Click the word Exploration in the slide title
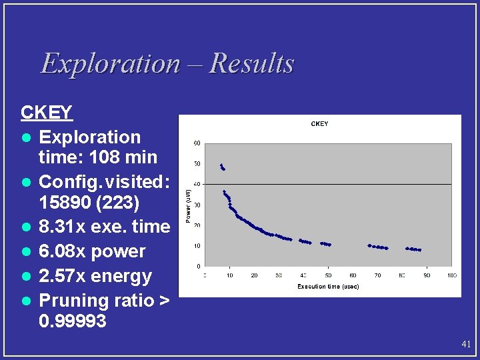pyautogui.click(x=110, y=64)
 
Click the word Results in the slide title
pyautogui.click(x=251, y=64)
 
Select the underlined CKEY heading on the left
pyautogui.click(x=46, y=112)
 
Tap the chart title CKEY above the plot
pyautogui.click(x=319, y=124)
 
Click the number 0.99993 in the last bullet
pyautogui.click(x=73, y=321)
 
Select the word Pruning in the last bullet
pyautogui.click(x=70, y=301)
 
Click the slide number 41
pyautogui.click(x=466, y=345)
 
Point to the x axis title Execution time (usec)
pyautogui.click(x=328, y=287)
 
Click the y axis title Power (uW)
pyautogui.click(x=189, y=205)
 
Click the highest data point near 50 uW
pyautogui.click(x=221, y=165)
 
